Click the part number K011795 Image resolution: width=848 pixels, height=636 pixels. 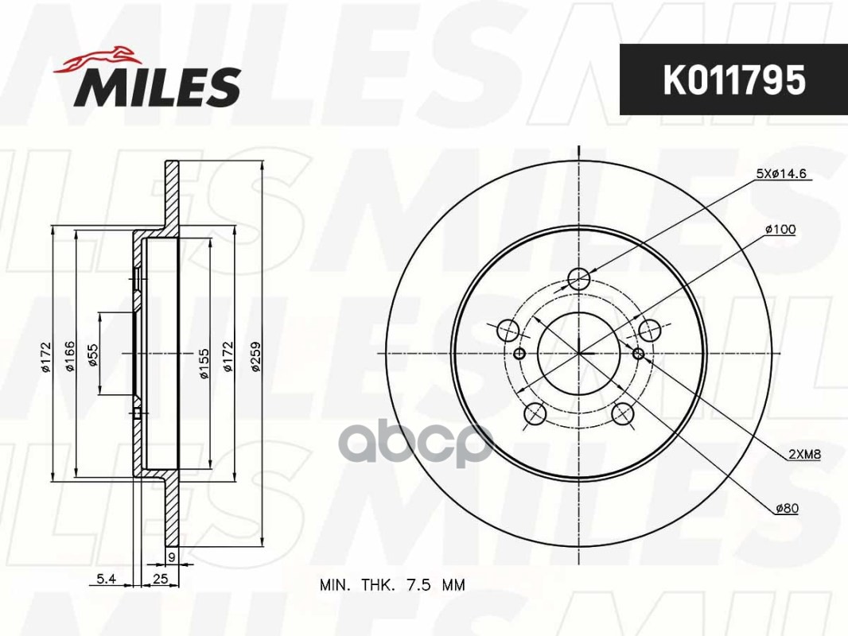coord(734,80)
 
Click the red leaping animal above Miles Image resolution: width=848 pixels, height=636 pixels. coord(97,59)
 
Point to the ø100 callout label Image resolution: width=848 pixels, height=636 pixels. coord(780,229)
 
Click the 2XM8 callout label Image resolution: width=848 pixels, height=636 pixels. coord(804,455)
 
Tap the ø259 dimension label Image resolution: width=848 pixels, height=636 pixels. coord(256,355)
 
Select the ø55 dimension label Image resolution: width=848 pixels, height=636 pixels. coord(92,355)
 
